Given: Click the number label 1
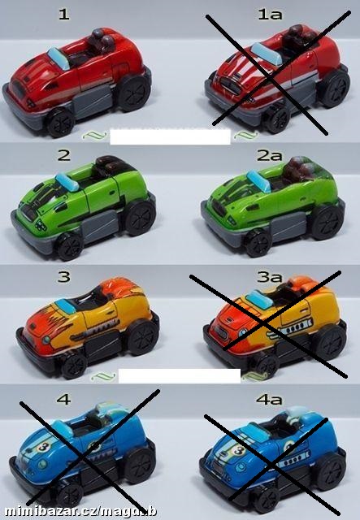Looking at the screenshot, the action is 64,15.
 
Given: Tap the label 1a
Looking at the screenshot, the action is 271,15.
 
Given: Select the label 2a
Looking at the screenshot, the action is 270,155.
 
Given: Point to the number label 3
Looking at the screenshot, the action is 63,276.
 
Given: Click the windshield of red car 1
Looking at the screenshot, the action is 59,58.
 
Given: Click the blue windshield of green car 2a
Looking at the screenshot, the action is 258,181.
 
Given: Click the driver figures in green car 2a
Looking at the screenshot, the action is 298,170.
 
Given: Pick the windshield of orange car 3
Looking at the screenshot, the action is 66,306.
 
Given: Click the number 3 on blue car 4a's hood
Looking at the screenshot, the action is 239,450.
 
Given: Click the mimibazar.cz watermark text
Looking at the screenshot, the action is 81,511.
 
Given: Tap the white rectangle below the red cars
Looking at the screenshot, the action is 170,136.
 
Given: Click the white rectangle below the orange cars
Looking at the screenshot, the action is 180,375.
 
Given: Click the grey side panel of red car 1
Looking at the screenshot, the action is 93,99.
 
